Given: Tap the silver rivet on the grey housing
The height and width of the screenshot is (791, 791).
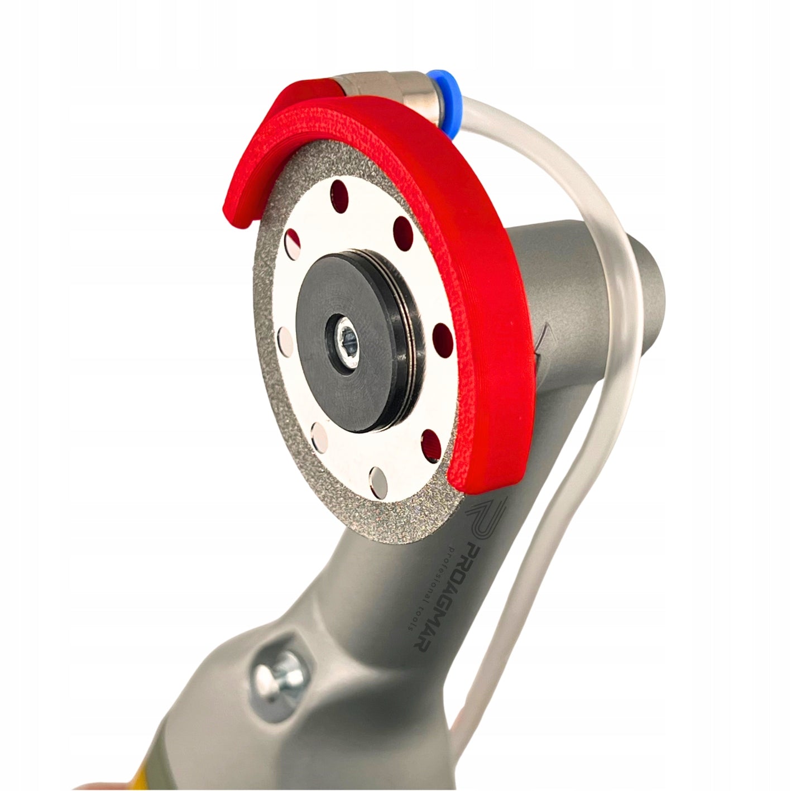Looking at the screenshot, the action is click(279, 679).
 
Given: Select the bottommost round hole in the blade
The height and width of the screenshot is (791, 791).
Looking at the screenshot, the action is click(379, 482).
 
